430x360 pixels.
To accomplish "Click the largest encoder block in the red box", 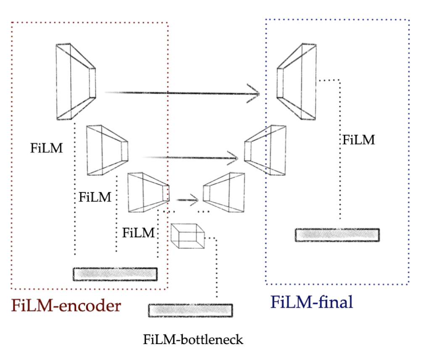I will pos(76,82).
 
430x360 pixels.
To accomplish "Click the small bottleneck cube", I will pos(188,236).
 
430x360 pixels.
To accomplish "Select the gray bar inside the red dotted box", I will pos(115,274).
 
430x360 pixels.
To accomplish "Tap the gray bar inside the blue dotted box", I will pos(337,235).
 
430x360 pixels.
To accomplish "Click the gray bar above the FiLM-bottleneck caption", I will pos(190,310).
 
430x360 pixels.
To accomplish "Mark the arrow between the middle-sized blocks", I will pos(191,158).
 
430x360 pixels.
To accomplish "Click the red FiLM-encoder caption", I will pos(66,306).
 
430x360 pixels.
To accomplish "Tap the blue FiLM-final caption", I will pos(311,302).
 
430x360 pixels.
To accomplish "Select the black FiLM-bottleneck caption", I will pos(193,339).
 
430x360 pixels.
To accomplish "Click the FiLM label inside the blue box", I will pos(359,140).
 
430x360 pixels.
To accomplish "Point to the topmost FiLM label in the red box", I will pos(47,148).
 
